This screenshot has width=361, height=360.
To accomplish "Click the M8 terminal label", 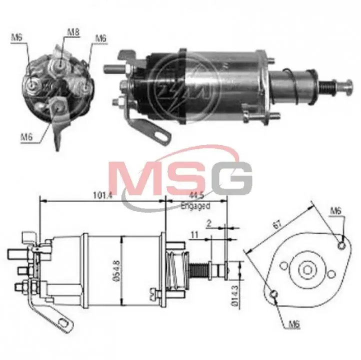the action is pyautogui.click(x=73, y=32).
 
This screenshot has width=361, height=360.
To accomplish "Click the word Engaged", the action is pyautogui.click(x=195, y=205).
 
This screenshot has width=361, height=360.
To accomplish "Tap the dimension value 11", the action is pyautogui.click(x=194, y=235).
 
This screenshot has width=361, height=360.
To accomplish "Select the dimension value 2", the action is pyautogui.click(x=209, y=223).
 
